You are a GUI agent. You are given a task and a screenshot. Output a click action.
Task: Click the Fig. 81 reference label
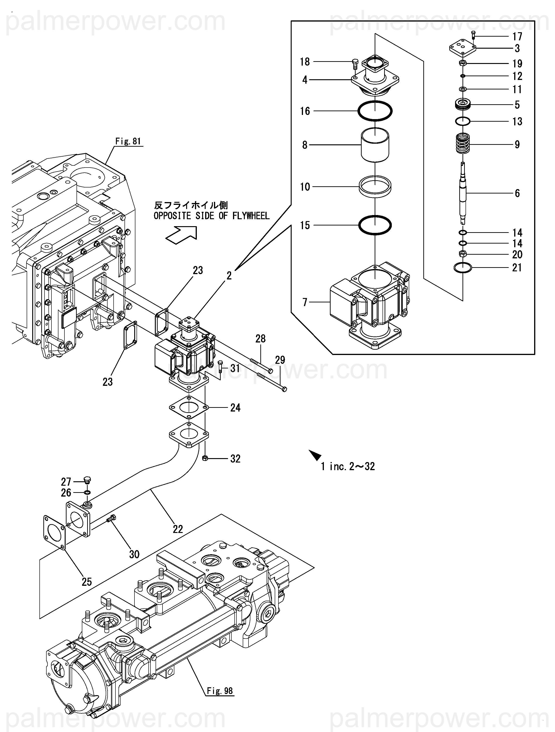tap(128, 141)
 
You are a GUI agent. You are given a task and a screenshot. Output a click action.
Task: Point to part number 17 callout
tap(517, 36)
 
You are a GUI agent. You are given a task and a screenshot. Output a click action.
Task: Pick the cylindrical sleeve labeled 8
tap(375, 145)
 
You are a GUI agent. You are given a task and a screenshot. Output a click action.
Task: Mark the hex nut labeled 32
tap(205, 458)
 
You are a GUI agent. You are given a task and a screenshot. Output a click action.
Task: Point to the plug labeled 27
tap(87, 480)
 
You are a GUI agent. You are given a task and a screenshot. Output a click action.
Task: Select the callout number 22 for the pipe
tap(178, 529)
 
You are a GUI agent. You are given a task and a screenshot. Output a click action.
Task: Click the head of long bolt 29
tap(284, 389)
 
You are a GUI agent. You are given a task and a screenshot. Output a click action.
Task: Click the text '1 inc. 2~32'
tap(348, 466)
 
